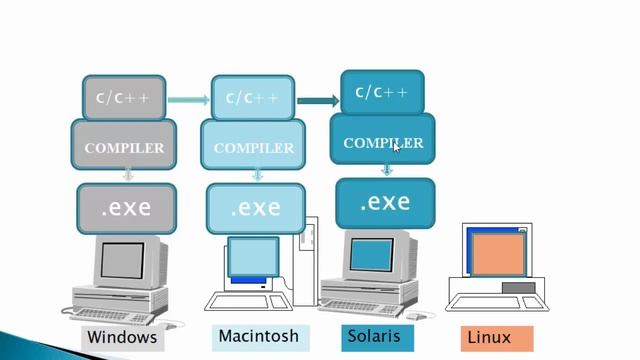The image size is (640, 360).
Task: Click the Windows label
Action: click(x=122, y=338)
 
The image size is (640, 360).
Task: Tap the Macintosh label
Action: click(x=257, y=335)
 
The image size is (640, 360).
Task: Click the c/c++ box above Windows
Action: click(x=124, y=98)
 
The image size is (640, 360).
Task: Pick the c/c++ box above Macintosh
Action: click(x=252, y=98)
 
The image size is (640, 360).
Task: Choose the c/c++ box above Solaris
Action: click(x=381, y=93)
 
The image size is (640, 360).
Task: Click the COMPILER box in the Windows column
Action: click(x=124, y=147)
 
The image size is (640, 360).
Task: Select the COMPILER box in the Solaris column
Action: click(x=383, y=142)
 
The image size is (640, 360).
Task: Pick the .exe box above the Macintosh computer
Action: click(x=255, y=209)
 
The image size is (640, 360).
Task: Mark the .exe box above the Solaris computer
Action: click(x=385, y=202)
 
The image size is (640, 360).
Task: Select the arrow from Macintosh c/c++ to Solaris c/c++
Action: click(x=317, y=100)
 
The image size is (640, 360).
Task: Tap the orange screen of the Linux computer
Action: click(x=494, y=254)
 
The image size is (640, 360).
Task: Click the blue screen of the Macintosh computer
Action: click(x=252, y=258)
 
